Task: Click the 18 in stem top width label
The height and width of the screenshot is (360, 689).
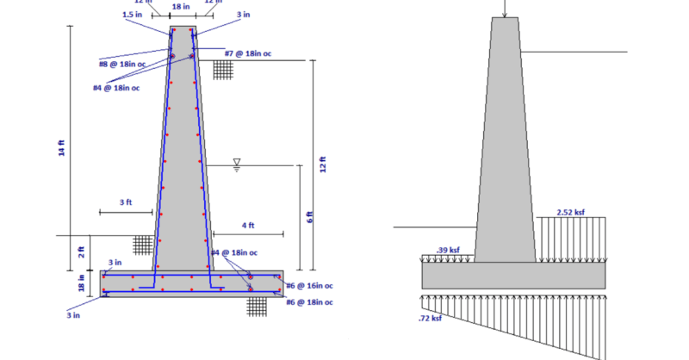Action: tap(181, 6)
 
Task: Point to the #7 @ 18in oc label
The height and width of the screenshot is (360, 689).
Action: tap(247, 53)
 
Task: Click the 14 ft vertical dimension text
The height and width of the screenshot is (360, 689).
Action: tap(61, 147)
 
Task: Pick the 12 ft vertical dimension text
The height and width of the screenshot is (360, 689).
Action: tap(323, 164)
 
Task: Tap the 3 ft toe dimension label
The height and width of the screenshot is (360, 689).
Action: tap(126, 202)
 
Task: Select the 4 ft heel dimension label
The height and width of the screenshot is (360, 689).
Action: tap(247, 225)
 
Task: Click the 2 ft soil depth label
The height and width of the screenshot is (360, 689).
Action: tap(82, 251)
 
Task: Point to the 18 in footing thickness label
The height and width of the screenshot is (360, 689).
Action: tap(82, 282)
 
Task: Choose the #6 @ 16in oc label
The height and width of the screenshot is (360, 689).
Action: tap(309, 286)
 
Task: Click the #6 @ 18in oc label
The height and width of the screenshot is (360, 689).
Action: tap(309, 302)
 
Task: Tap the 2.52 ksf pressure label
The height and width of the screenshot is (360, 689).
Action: tap(571, 212)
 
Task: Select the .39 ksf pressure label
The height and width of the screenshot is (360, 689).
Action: tap(446, 250)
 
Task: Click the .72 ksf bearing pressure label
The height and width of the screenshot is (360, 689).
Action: tap(431, 319)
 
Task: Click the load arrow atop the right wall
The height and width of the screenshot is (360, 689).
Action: tap(505, 9)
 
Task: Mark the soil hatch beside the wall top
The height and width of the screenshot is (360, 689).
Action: tap(224, 70)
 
